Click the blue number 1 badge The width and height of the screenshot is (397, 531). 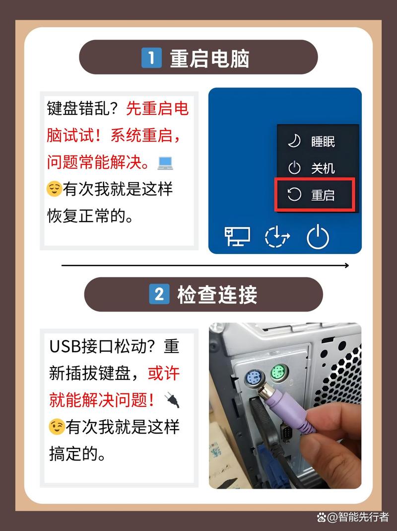(x=152, y=59)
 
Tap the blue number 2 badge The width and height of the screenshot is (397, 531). (x=159, y=295)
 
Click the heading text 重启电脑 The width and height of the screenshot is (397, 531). (x=209, y=59)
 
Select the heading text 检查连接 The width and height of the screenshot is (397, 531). (x=217, y=295)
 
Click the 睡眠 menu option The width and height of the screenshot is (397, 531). (x=323, y=142)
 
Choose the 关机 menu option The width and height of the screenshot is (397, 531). (x=323, y=168)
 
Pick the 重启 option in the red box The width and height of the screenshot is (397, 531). (x=323, y=195)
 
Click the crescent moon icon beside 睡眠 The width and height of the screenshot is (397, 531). (x=294, y=141)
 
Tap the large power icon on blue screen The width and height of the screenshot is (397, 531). (x=318, y=237)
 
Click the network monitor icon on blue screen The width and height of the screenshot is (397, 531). (x=237, y=236)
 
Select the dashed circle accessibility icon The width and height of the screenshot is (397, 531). (x=277, y=237)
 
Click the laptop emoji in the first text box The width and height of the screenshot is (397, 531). (x=164, y=162)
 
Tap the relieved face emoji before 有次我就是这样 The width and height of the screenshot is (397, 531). (x=54, y=189)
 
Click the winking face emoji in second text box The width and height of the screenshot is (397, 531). (x=56, y=426)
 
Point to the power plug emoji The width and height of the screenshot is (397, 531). (x=171, y=400)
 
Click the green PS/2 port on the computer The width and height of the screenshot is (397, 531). (x=278, y=372)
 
